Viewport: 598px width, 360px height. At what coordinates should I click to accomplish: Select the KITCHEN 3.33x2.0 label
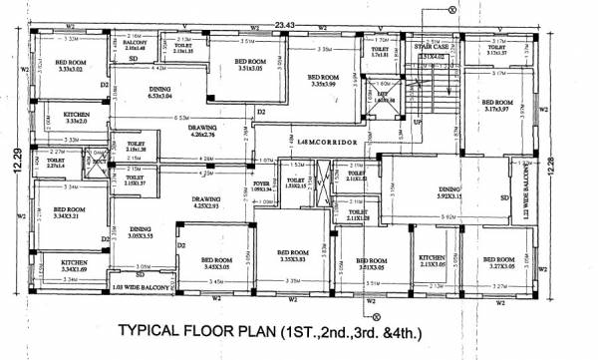coord(54,118)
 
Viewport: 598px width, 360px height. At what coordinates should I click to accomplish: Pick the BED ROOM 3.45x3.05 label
coord(202,263)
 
